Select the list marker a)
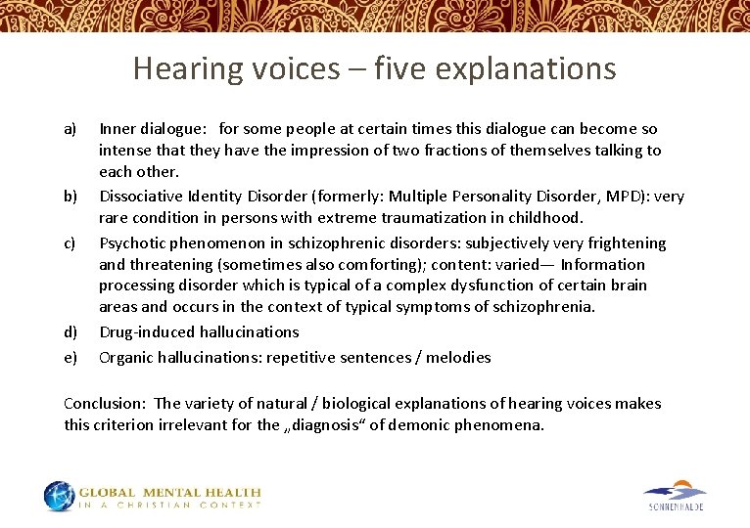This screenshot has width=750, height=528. pos(70,129)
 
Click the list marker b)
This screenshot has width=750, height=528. pos(70,197)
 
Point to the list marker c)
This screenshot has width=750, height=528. pos(70,243)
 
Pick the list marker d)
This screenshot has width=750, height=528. pos(70,332)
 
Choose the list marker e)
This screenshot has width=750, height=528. pos(70,358)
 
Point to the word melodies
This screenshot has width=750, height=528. pos(458,358)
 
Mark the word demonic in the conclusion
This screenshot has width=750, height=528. pos(415,425)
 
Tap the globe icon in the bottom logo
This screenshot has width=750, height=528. pos(59,496)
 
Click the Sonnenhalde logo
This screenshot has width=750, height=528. pos(676,495)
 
